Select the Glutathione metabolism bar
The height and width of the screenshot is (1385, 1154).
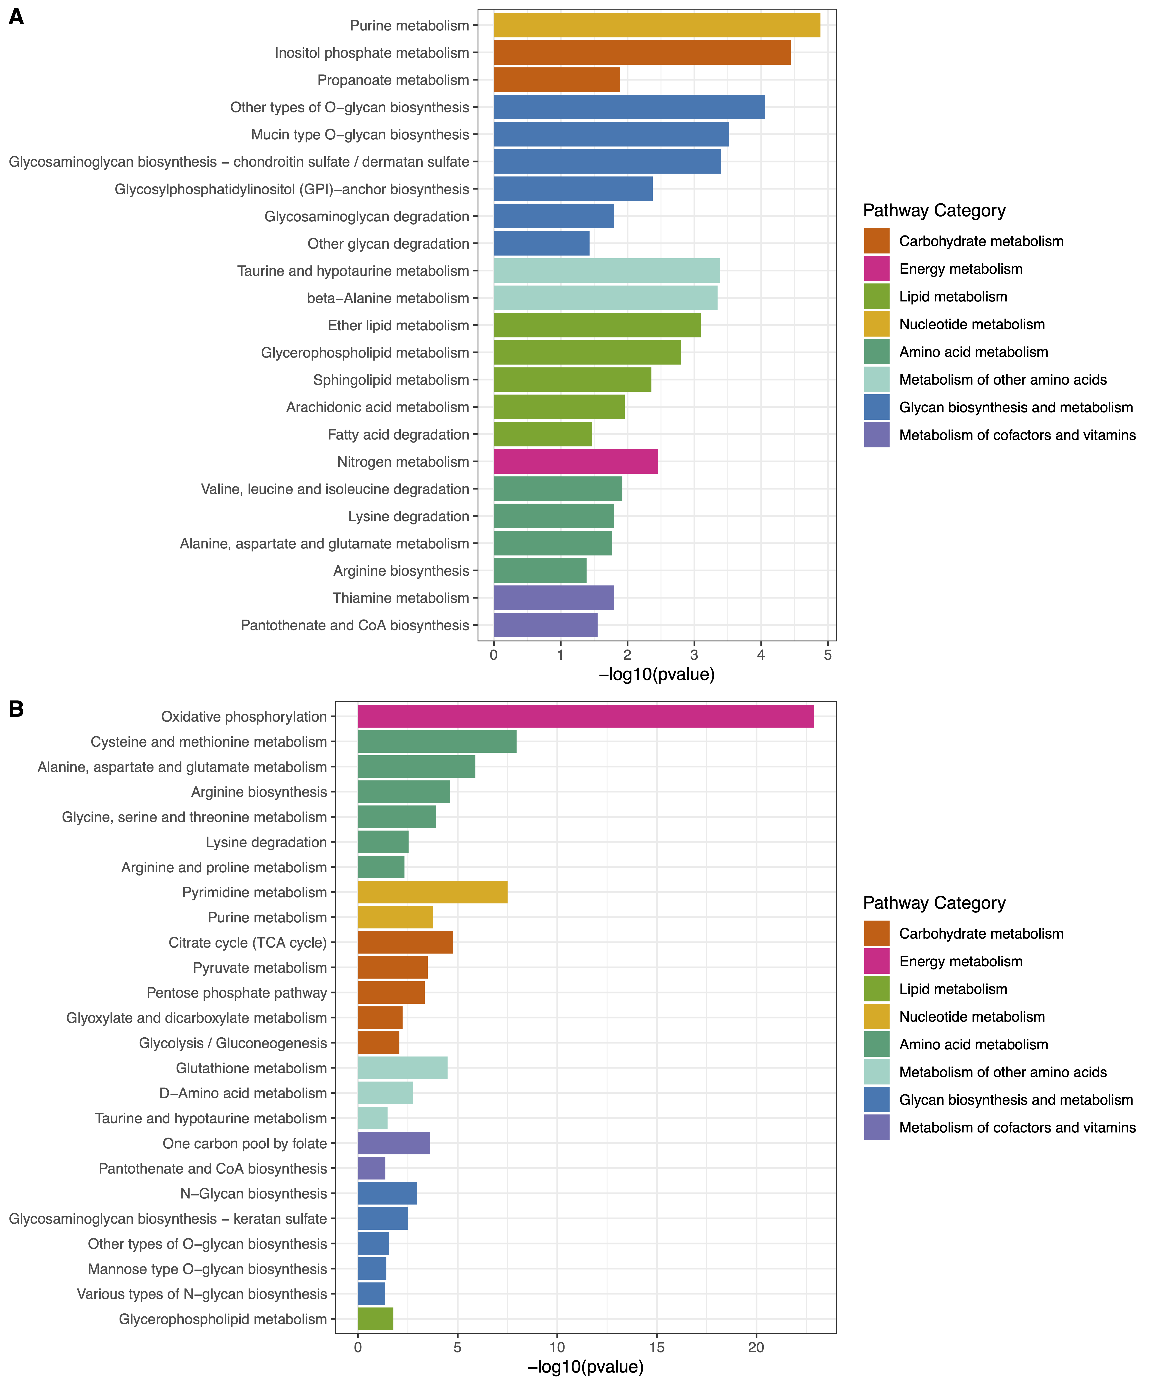[x=402, y=1068]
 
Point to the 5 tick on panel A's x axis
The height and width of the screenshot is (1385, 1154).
[x=828, y=655]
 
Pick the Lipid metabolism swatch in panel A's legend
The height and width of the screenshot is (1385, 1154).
[x=876, y=297]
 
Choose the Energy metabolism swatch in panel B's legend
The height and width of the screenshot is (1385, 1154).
[x=876, y=962]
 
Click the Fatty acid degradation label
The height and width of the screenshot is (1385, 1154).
[x=398, y=435]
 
